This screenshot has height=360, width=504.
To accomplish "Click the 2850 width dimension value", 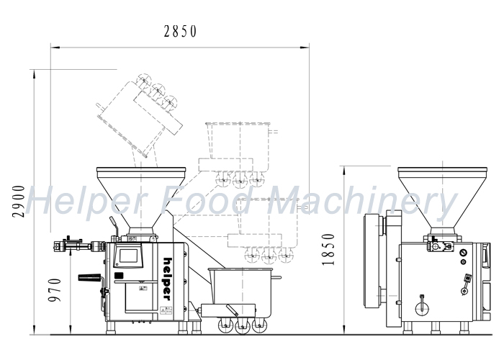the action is point(180,32).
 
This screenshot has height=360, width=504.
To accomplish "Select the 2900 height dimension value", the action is point(18,202).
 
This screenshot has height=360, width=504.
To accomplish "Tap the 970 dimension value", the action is point(54,290).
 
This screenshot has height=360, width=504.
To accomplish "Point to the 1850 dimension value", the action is point(328,250).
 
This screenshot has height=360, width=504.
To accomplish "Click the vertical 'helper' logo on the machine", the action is point(168,279).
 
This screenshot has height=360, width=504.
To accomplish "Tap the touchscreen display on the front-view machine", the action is point(128,256).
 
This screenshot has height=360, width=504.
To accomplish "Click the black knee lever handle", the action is point(89,277).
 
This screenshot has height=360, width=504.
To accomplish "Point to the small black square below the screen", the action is point(119,276).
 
